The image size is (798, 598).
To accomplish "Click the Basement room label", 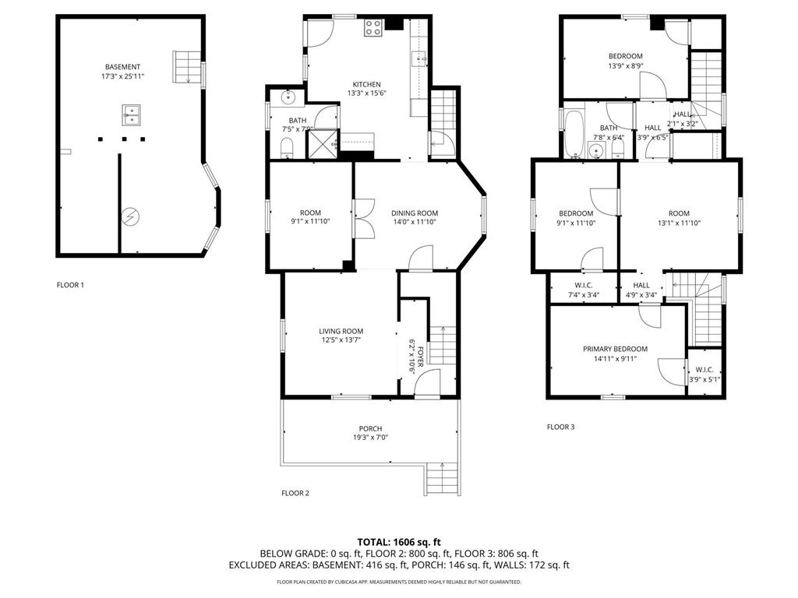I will click(124, 66).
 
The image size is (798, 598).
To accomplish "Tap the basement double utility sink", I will click(131, 116).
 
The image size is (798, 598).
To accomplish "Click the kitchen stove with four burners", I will click(373, 28).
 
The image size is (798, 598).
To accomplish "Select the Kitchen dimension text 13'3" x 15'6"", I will click(366, 93).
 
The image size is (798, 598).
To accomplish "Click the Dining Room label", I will click(414, 213).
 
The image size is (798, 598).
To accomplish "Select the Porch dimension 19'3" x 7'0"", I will click(370, 438).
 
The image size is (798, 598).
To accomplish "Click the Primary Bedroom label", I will click(615, 349).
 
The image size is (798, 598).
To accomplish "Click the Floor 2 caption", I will click(295, 493).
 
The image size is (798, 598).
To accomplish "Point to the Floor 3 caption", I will click(560, 427).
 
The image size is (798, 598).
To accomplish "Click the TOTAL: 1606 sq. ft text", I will click(399, 541).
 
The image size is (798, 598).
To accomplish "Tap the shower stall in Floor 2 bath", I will click(321, 144).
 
